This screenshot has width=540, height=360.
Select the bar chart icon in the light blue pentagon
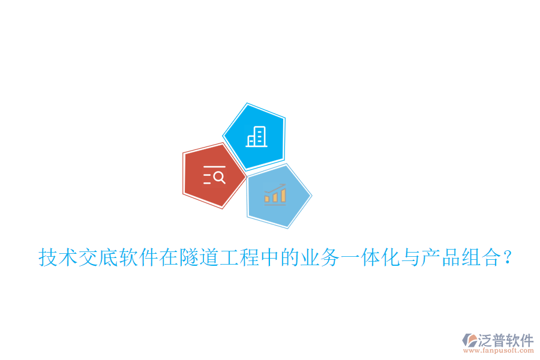[x=275, y=194]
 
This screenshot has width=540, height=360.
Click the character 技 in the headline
[x=48, y=259]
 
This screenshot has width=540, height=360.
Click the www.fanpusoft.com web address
[x=499, y=351]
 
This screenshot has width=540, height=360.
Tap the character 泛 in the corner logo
[x=485, y=340]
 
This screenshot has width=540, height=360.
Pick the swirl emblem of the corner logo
[x=469, y=341]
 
